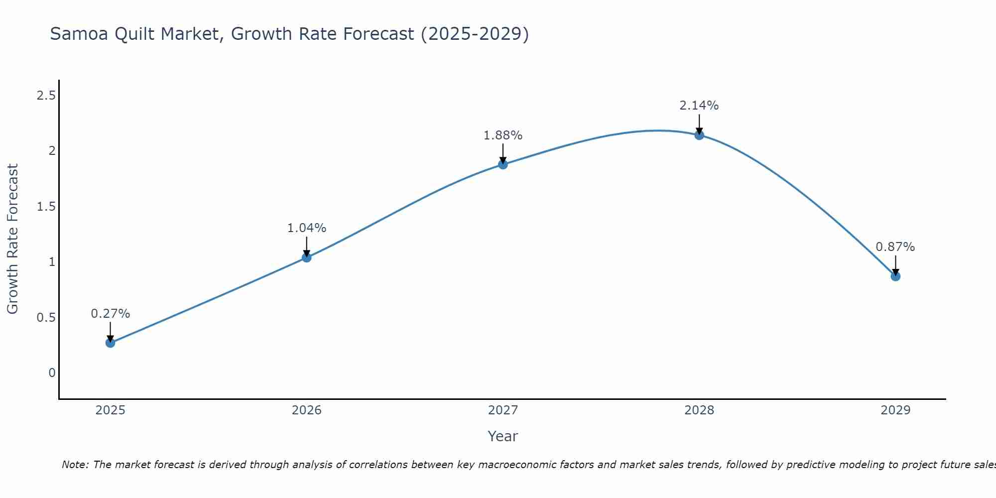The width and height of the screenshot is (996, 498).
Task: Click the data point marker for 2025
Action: click(x=111, y=343)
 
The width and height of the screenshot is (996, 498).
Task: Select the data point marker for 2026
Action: click(x=307, y=257)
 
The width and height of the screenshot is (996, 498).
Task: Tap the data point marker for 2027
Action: click(x=503, y=164)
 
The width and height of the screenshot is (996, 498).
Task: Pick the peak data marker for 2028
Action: click(x=699, y=135)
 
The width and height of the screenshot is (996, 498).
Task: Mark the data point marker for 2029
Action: click(x=895, y=276)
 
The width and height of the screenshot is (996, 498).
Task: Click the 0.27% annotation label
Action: click(x=111, y=314)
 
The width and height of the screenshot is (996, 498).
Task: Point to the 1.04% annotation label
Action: click(x=307, y=228)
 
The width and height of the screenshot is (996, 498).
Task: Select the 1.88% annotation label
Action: click(x=503, y=135)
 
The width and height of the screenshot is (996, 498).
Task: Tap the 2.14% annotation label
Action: click(x=699, y=106)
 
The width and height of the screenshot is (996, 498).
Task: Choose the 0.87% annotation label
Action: click(x=895, y=247)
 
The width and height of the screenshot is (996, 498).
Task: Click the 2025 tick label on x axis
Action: click(x=111, y=410)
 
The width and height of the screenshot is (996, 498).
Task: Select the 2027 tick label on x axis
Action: click(x=503, y=410)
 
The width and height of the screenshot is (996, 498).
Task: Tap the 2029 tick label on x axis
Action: click(x=895, y=410)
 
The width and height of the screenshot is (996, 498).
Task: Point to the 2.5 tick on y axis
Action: click(x=46, y=96)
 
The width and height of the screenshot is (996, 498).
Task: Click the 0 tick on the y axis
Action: click(x=52, y=373)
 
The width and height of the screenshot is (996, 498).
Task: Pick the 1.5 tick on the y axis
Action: click(x=46, y=207)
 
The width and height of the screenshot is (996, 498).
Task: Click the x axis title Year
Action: click(x=503, y=436)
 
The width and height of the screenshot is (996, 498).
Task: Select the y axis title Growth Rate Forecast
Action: click(x=12, y=239)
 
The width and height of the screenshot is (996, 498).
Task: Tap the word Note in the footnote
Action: click(x=75, y=465)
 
